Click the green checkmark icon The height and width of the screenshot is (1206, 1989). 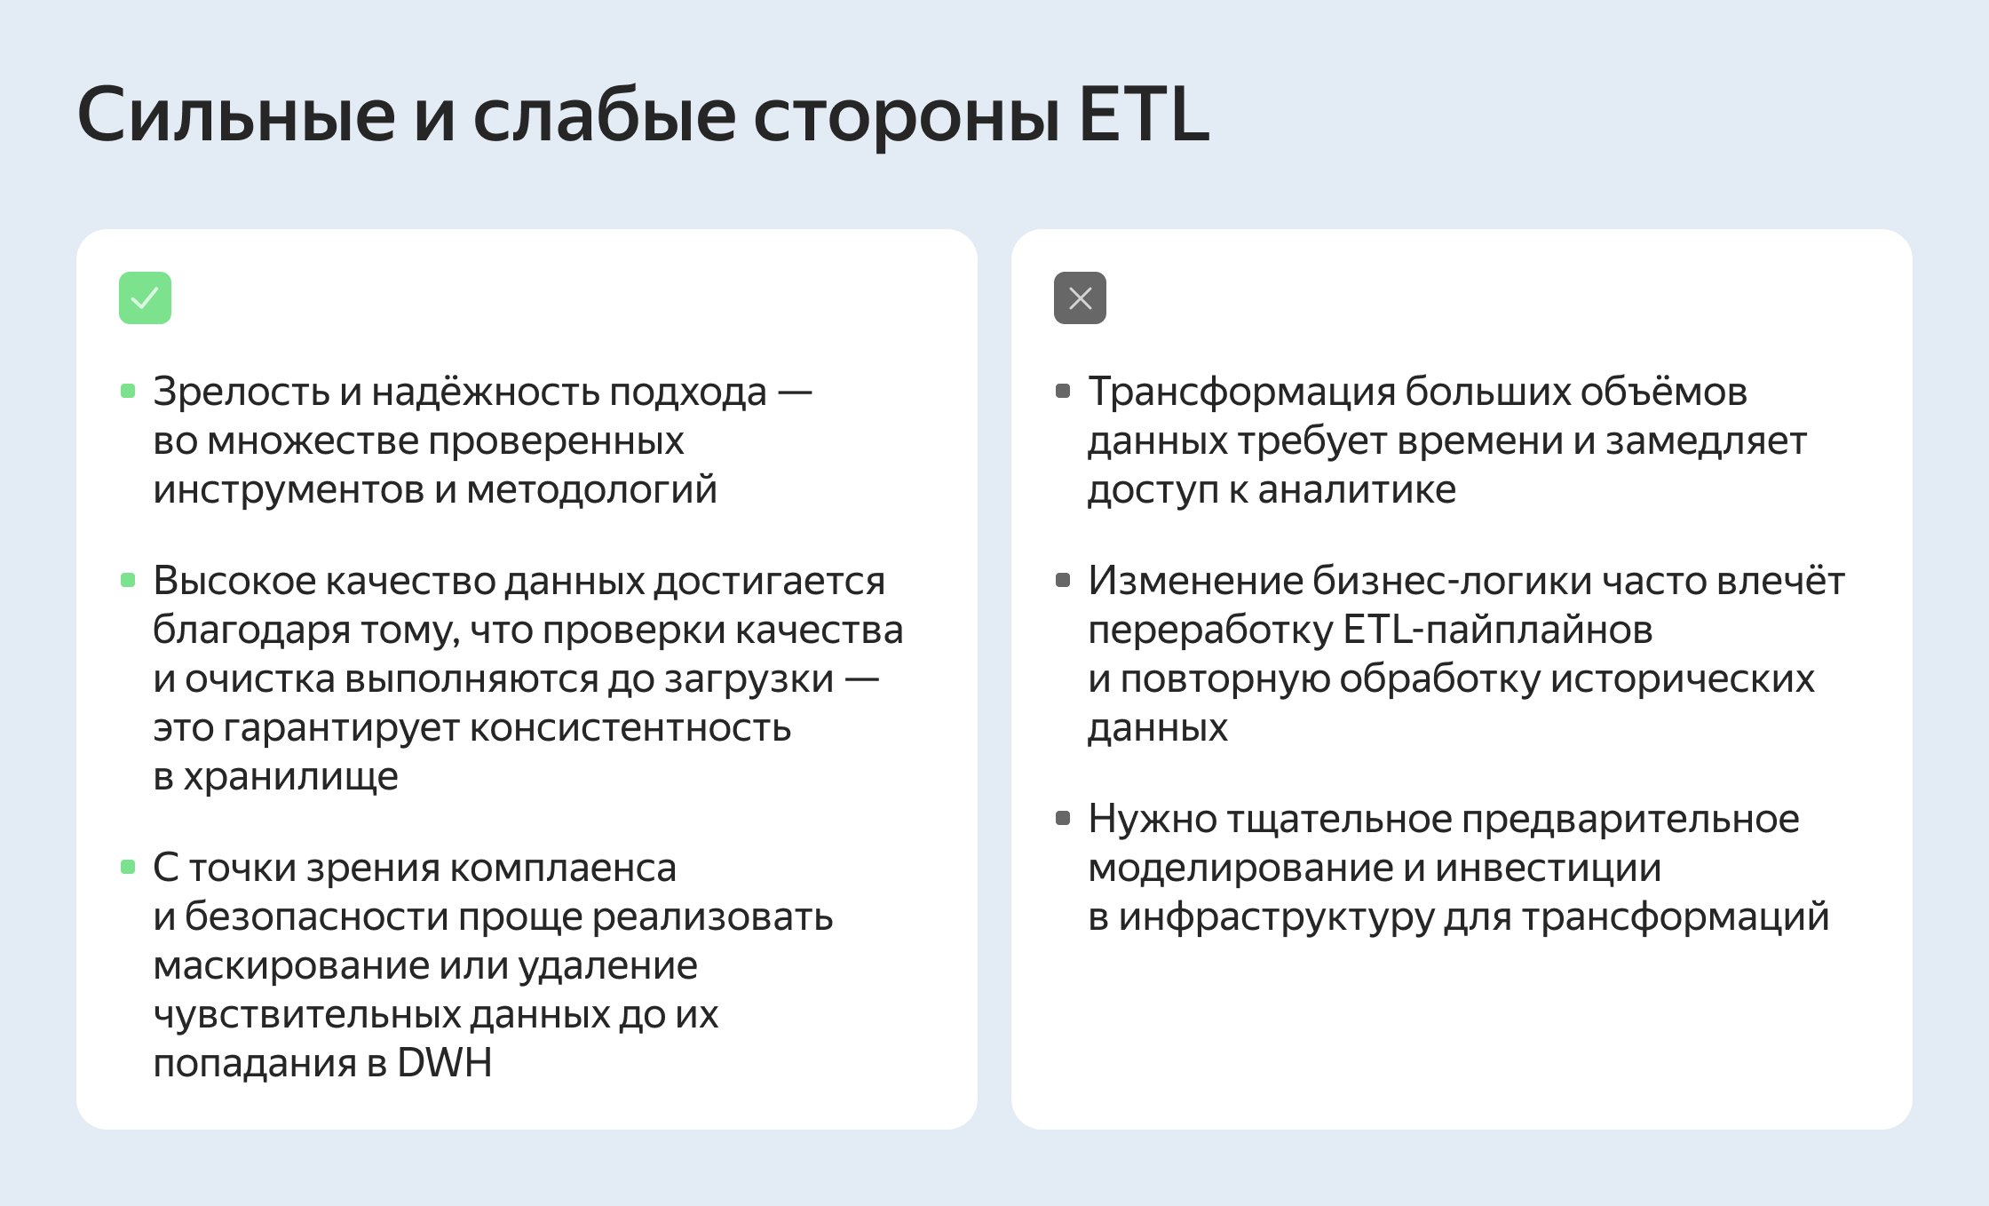[x=145, y=298]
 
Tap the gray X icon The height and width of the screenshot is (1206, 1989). [x=1080, y=298]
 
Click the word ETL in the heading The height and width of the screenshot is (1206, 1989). [x=1144, y=115]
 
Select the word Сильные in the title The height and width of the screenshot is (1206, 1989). [x=236, y=115]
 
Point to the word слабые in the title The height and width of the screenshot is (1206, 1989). [x=604, y=115]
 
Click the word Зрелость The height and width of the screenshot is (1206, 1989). [x=241, y=392]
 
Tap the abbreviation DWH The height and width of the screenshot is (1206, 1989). [x=444, y=1063]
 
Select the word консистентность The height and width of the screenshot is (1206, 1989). [x=630, y=728]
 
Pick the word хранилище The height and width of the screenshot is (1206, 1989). [x=290, y=777]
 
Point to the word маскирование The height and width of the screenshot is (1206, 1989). [x=291, y=965]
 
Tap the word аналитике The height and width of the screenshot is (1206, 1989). [x=1357, y=489]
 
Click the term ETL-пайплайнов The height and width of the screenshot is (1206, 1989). [x=1497, y=630]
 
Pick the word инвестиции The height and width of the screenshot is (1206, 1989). [x=1548, y=868]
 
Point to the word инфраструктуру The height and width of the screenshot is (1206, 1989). [x=1276, y=916]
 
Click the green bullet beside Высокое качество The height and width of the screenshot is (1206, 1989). [x=128, y=581]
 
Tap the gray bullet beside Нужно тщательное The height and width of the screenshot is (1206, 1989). [x=1063, y=818]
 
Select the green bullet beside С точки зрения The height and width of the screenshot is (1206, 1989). [x=128, y=867]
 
